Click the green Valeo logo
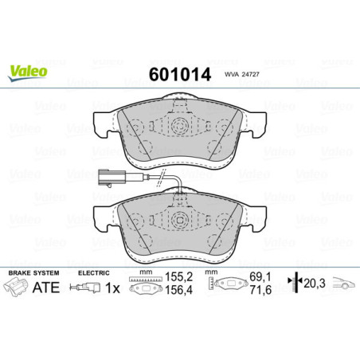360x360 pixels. [29, 71]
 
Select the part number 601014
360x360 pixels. [179, 74]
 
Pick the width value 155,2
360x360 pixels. [178, 281]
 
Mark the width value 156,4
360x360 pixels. [178, 293]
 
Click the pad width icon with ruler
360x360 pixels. [144, 286]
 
